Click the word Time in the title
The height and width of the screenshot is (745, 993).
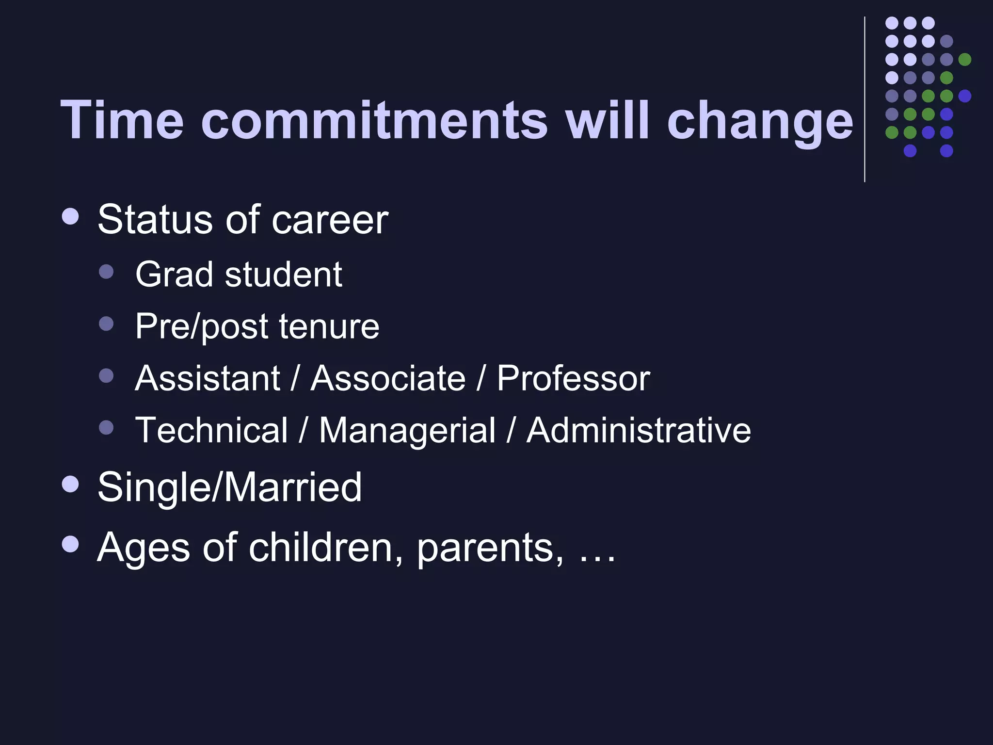point(122,120)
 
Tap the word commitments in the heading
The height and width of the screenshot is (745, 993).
point(374,120)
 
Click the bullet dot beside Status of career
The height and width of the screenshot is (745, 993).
point(71,216)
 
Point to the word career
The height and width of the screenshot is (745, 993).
point(330,220)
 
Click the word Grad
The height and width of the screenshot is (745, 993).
point(174,275)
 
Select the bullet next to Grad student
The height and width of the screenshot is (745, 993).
point(106,271)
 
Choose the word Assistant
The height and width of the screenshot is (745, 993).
point(208,378)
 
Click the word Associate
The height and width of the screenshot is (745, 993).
point(388,378)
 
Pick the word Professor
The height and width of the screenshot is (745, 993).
point(573,378)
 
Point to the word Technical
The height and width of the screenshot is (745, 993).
point(211,430)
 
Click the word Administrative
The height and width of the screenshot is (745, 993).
point(639,430)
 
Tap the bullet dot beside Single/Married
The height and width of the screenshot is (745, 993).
point(71,484)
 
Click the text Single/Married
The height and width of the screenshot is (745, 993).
point(229,487)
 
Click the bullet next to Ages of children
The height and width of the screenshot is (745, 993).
point(71,544)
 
